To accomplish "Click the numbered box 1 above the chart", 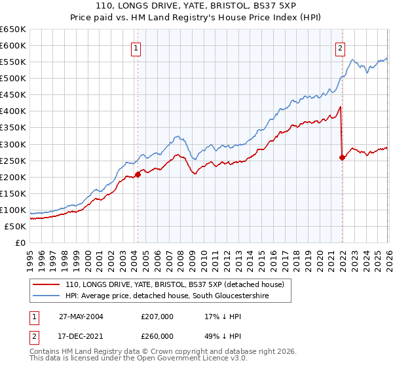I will point(135,47).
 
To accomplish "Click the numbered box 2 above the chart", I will point(341,47).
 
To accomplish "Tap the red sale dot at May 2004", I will point(138,174).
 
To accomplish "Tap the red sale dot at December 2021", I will point(343,157).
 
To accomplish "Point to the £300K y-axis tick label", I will point(13,144).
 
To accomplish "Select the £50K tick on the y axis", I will point(15,226).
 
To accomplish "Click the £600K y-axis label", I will point(13,45).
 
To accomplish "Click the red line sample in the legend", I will point(46,285).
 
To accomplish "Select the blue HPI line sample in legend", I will point(46,297).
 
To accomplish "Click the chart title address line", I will point(196,7).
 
